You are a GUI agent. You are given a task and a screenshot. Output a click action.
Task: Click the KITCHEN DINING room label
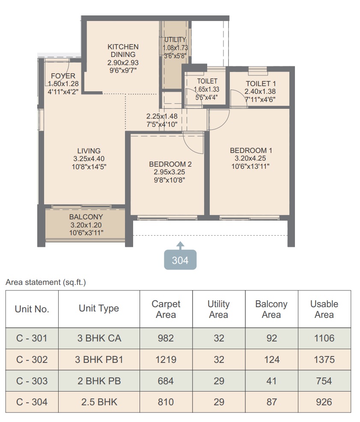(123, 51)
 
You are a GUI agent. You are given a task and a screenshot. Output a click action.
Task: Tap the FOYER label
(63, 76)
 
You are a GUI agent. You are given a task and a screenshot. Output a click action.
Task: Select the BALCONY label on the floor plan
(86, 217)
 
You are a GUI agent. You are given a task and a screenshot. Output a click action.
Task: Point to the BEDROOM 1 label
(251, 150)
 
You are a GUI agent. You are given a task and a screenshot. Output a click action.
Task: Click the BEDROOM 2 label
(170, 164)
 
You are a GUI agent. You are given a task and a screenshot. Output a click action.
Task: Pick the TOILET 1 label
(261, 84)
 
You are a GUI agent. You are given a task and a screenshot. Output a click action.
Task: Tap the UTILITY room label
(175, 40)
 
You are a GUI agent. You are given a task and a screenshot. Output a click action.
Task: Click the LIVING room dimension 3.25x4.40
(89, 159)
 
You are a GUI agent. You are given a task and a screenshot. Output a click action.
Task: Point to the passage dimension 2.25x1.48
(162, 116)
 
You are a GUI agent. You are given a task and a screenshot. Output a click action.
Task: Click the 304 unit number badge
(180, 260)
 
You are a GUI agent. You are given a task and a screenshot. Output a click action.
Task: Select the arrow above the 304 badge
(180, 245)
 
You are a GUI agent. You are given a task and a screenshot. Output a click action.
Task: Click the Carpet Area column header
(166, 309)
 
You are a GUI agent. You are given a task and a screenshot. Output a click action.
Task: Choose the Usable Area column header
(324, 309)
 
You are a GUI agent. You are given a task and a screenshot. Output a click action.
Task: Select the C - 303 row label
(32, 381)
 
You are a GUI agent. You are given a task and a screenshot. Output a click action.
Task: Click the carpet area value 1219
(166, 359)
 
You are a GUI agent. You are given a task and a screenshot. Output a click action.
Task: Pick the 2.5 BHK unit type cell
(99, 402)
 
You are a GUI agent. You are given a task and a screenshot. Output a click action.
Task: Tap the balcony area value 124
(272, 359)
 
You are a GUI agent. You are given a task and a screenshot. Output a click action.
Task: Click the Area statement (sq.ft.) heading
(46, 282)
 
